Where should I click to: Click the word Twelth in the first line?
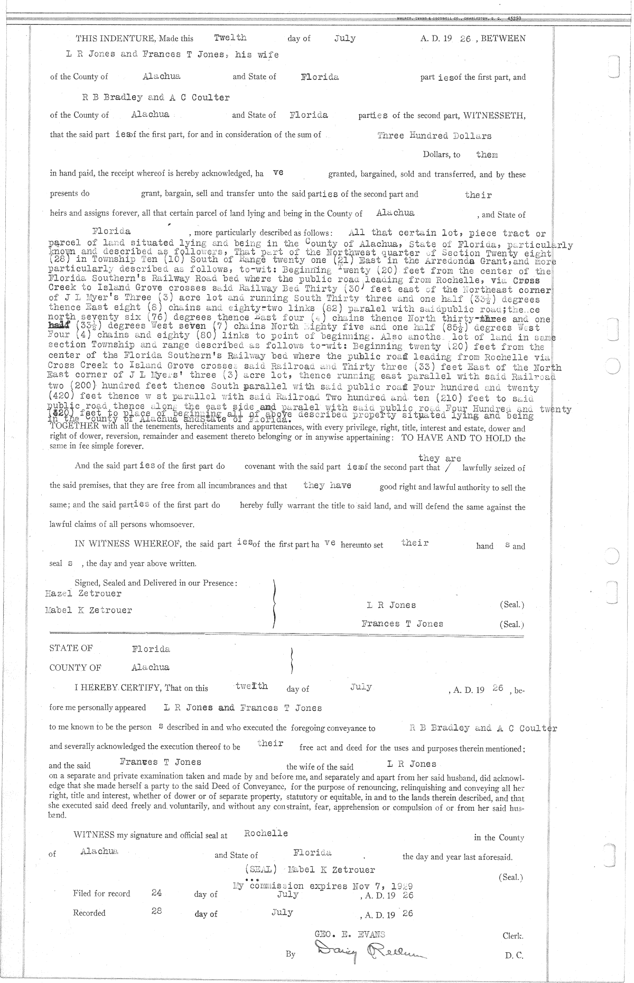coord(230,38)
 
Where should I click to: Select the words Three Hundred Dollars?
coord(434,135)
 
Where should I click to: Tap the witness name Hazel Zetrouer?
coord(83,593)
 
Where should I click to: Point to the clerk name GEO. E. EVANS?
coord(350,934)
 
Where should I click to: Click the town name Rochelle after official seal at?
coord(266,833)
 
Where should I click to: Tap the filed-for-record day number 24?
coord(156,893)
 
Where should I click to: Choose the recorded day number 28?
coord(156,911)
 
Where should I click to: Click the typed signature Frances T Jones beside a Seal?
coord(402,624)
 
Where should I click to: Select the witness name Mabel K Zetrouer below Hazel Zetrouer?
coord(89,610)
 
